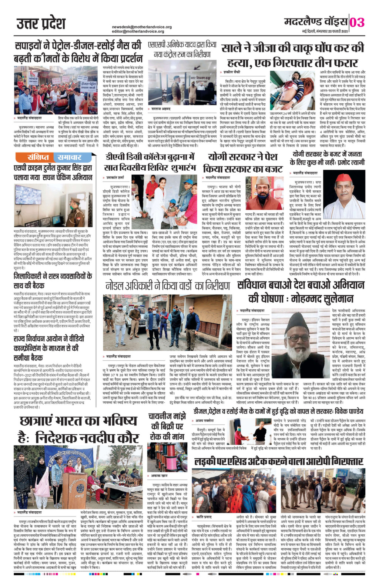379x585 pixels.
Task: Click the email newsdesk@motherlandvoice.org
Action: pos(142,27)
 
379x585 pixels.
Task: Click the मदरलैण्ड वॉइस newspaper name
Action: pos(316,22)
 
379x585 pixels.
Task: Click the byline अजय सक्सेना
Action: pos(205,421)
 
